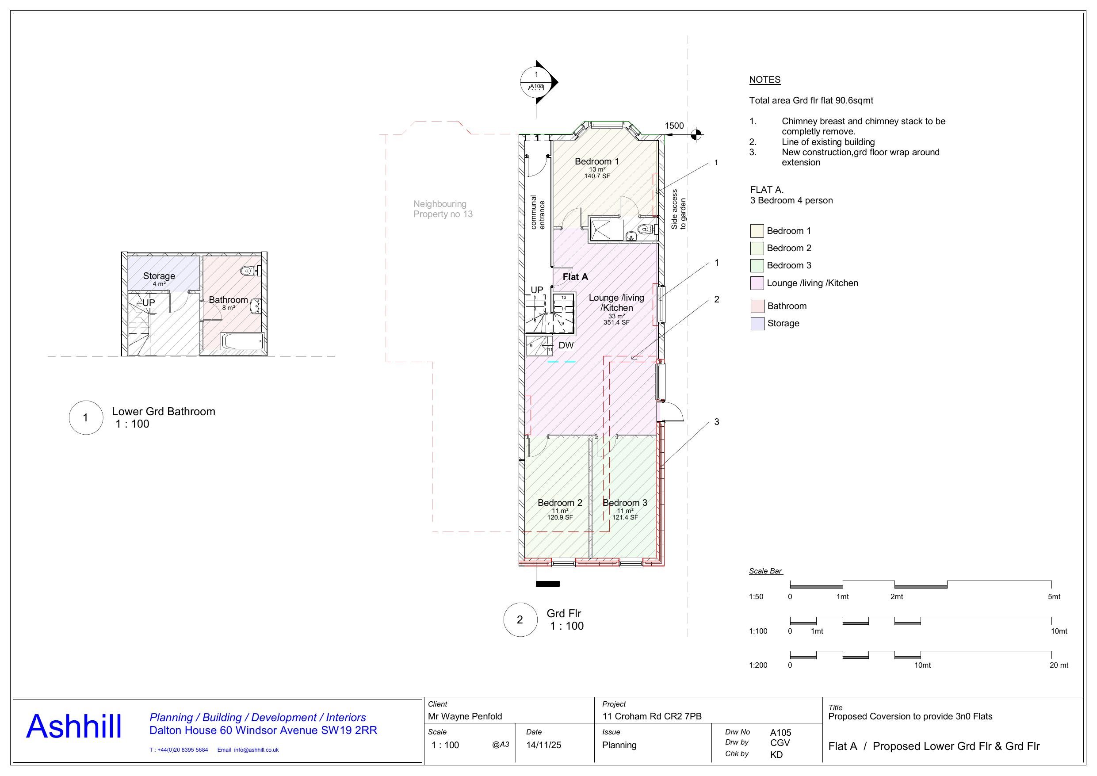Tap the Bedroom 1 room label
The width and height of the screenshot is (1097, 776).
593,161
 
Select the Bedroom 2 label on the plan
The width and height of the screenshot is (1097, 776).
559,503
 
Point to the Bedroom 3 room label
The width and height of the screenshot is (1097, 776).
624,503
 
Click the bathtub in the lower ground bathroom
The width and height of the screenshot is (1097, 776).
243,341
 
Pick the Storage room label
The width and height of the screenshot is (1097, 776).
159,276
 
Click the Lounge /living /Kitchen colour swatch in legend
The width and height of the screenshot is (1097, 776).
757,283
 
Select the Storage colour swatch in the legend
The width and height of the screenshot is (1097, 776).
757,324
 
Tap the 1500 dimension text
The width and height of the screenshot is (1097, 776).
674,126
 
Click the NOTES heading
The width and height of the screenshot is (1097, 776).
764,80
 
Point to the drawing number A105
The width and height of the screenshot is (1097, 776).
780,733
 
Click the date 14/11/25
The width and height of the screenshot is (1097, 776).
543,745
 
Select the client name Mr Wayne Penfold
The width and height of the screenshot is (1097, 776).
465,716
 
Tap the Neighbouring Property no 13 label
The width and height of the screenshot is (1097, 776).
443,209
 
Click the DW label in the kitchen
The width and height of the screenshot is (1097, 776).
566,345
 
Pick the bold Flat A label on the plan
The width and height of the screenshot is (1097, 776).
575,277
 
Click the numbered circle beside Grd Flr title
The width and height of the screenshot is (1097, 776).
520,620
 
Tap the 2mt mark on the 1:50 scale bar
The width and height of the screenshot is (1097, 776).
896,596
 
